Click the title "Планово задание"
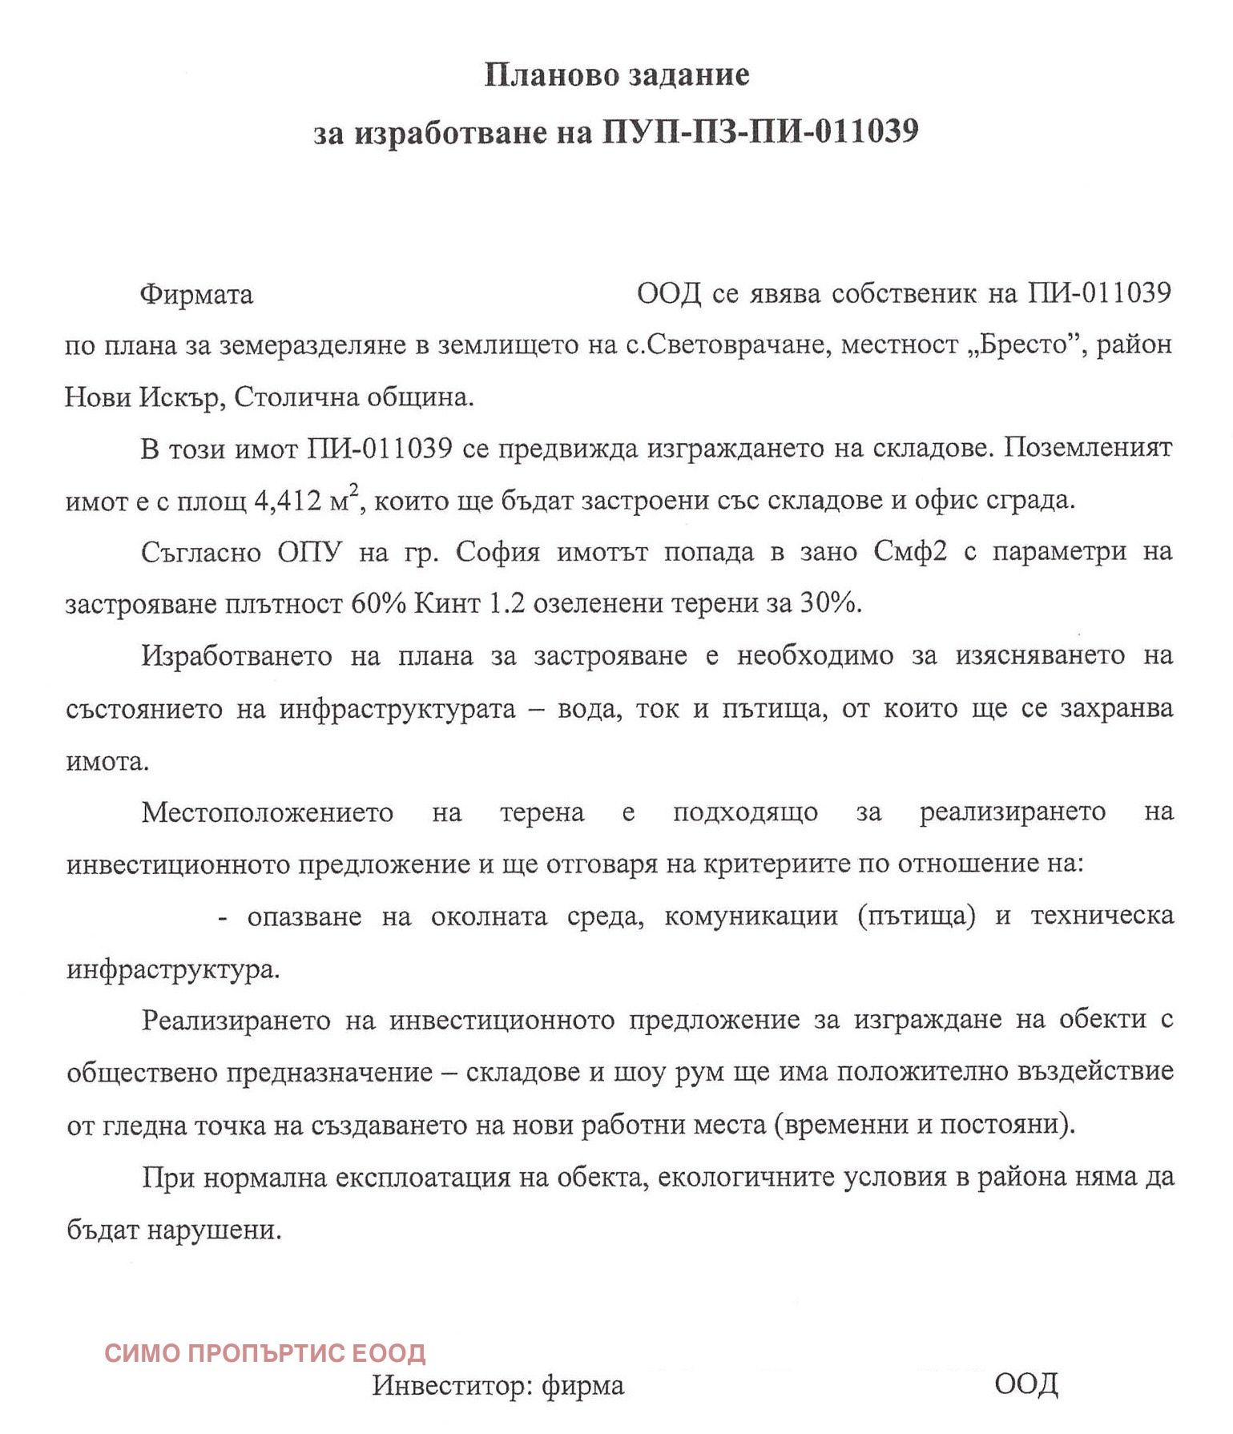(x=617, y=75)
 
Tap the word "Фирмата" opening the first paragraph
(x=196, y=295)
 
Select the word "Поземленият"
(x=1088, y=448)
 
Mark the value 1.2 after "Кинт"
(x=506, y=603)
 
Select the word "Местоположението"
(x=268, y=812)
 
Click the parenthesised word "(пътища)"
(x=916, y=916)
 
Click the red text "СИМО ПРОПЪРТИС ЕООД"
(x=265, y=1353)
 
